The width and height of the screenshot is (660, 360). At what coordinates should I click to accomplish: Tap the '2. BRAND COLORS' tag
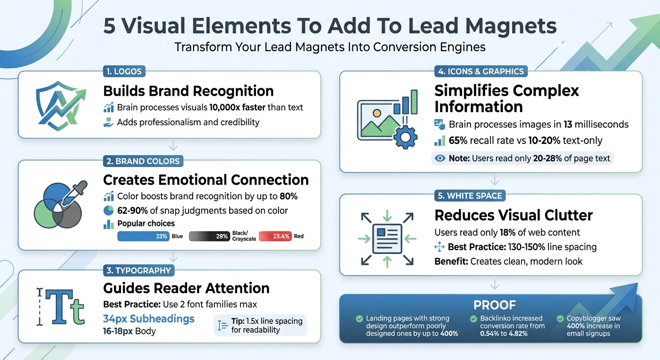pyautogui.click(x=143, y=161)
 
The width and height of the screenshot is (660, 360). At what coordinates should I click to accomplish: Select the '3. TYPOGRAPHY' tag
pyautogui.click(x=138, y=270)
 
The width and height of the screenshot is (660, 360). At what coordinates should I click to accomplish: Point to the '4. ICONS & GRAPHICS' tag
pyautogui.click(x=480, y=72)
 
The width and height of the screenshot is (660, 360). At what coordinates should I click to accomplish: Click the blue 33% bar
pyautogui.click(x=143, y=237)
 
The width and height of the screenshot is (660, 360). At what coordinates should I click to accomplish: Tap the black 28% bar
pyautogui.click(x=210, y=237)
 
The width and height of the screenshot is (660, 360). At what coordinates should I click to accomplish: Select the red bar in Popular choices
pyautogui.click(x=274, y=237)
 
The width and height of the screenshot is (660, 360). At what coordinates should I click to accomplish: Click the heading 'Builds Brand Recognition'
pyautogui.click(x=188, y=90)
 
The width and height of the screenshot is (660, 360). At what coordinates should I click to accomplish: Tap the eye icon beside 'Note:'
pyautogui.click(x=440, y=158)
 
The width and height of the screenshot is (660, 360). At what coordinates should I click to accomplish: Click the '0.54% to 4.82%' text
pyautogui.click(x=504, y=334)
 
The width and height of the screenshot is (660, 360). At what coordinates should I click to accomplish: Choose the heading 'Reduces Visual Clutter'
pyautogui.click(x=513, y=215)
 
